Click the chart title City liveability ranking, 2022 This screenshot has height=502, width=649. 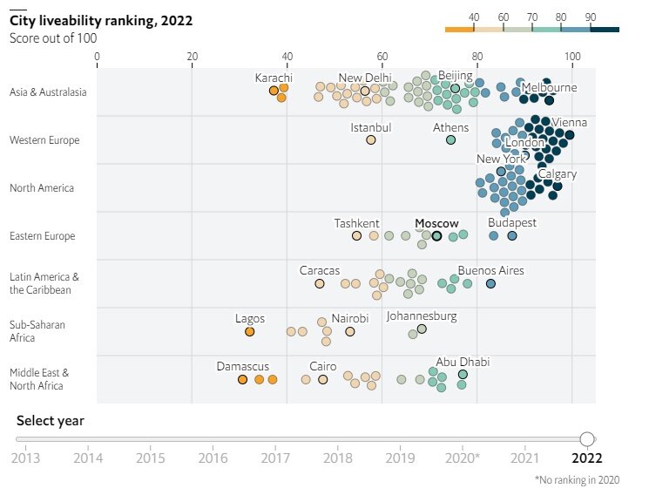[x=101, y=20]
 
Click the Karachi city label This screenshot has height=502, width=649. [x=274, y=78]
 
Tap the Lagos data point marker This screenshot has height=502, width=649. [x=249, y=331]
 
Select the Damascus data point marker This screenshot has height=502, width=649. [x=242, y=379]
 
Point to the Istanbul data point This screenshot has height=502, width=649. [x=370, y=139]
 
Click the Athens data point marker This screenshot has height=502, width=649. [x=450, y=139]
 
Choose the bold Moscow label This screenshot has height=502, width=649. [x=436, y=224]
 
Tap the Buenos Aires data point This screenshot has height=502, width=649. [x=490, y=283]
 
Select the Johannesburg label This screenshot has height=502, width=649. [x=422, y=316]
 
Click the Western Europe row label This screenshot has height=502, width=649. [x=44, y=140]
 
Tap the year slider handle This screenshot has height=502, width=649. [x=587, y=438]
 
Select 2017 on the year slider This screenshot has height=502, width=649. [x=276, y=457]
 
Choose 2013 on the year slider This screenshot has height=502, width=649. [x=26, y=457]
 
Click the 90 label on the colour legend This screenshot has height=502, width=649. [x=590, y=17]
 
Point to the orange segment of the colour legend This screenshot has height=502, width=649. [x=459, y=30]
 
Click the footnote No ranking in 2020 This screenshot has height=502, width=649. [x=581, y=479]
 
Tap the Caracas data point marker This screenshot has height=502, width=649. [x=320, y=284]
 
